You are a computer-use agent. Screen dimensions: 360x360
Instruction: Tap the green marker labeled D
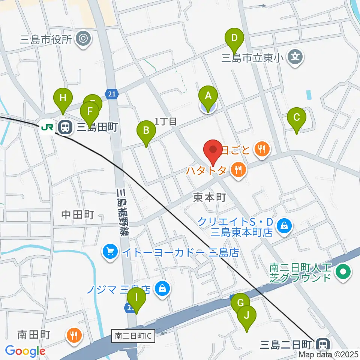[x=234, y=38]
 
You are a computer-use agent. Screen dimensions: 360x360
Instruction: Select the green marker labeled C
[x=296, y=118]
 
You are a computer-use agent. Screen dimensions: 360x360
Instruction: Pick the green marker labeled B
[x=146, y=131]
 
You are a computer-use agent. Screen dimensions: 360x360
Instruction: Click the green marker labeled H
[x=63, y=98]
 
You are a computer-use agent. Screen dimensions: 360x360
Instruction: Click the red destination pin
[x=213, y=150]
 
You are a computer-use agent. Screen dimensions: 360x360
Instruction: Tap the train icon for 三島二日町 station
[x=321, y=344]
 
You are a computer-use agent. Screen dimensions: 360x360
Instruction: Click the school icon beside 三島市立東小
[x=295, y=57]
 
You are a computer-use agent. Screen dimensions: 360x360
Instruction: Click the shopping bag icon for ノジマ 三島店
[x=162, y=289]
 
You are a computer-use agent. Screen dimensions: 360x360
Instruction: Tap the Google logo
[x=25, y=351]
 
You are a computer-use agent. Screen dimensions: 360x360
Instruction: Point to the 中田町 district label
[x=77, y=214]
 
